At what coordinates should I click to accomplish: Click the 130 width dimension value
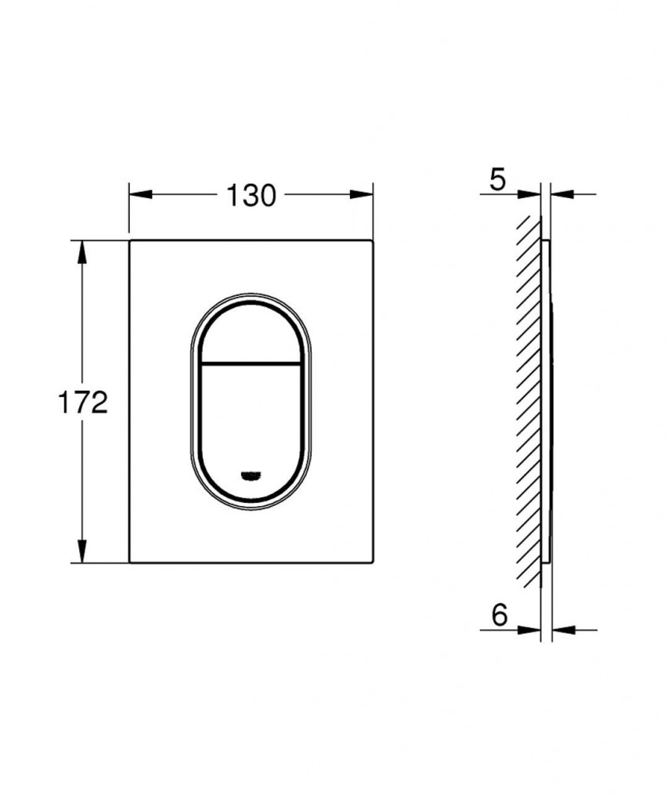(x=251, y=195)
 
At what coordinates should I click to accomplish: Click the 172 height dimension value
(x=82, y=403)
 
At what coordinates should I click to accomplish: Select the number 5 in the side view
(x=497, y=180)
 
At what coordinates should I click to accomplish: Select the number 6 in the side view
(x=499, y=615)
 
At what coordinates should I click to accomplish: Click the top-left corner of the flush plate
(x=131, y=240)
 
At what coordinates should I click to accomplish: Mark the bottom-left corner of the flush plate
(x=131, y=561)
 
